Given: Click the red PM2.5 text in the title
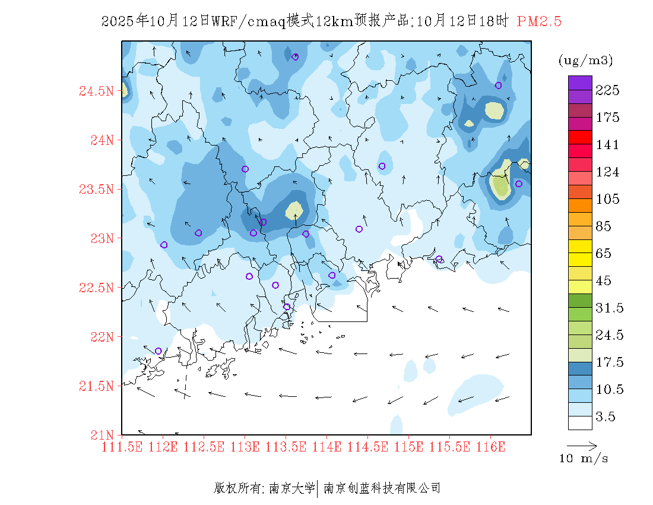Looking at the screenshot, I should [539, 21].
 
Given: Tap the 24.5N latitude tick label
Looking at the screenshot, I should [96, 91].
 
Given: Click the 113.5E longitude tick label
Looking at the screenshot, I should [286, 446].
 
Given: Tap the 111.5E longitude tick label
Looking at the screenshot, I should [122, 446].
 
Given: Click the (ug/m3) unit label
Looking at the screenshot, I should [585, 61].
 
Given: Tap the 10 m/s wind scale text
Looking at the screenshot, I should [584, 459].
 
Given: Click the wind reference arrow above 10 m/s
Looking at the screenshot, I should [582, 445].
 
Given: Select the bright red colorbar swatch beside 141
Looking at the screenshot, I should [580, 137].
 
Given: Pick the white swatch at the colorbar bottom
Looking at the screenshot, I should [580, 422].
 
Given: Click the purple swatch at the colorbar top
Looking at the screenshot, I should [580, 83].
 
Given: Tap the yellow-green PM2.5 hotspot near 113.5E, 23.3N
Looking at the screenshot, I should [294, 210].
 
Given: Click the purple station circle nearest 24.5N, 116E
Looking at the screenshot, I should [498, 85].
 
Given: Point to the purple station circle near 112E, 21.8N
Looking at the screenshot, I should [158, 351].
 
